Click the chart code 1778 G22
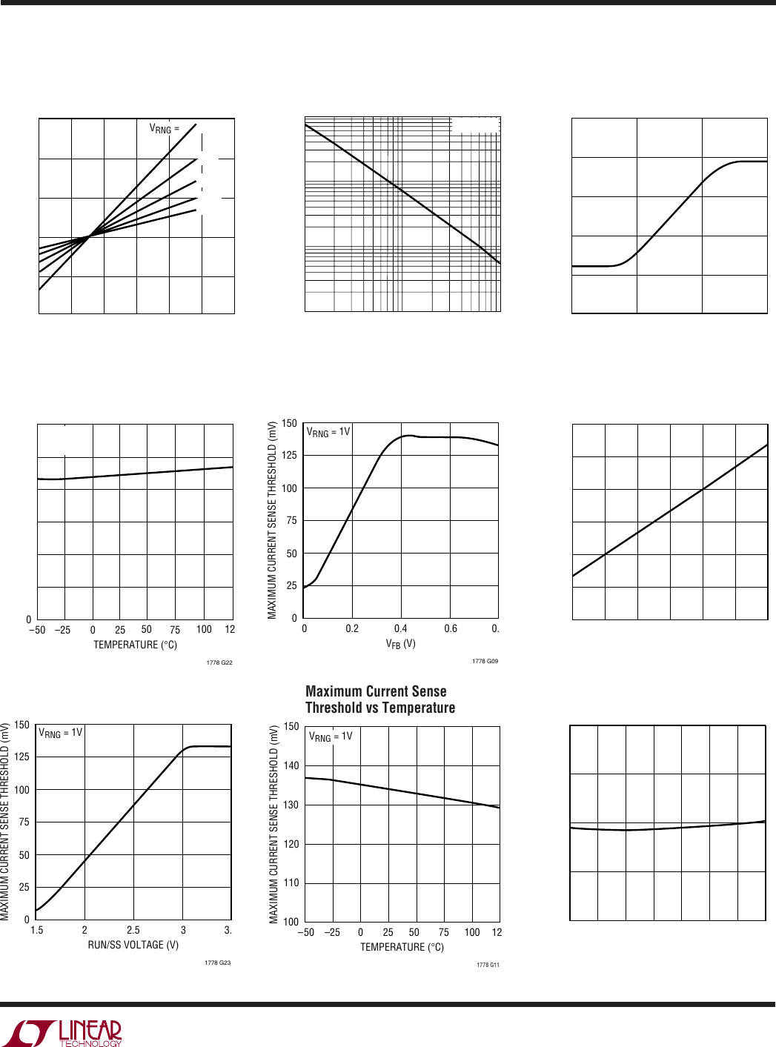coord(219,662)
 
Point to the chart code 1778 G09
coord(485,661)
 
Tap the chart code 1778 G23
coord(217,963)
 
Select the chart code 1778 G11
coord(488,965)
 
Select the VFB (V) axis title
coord(400,644)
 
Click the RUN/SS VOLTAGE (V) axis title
coord(133,945)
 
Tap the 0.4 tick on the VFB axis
coord(400,628)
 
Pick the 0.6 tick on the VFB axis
coord(451,628)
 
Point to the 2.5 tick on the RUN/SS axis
coord(133,930)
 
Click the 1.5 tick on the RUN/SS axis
coord(37,930)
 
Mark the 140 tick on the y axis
coord(291,765)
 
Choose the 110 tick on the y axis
coord(291,883)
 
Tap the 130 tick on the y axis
coord(291,805)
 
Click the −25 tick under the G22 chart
coord(63,630)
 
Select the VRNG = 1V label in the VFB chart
coord(328,432)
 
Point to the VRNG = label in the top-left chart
coord(164,128)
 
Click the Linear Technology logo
coord(62,1032)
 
